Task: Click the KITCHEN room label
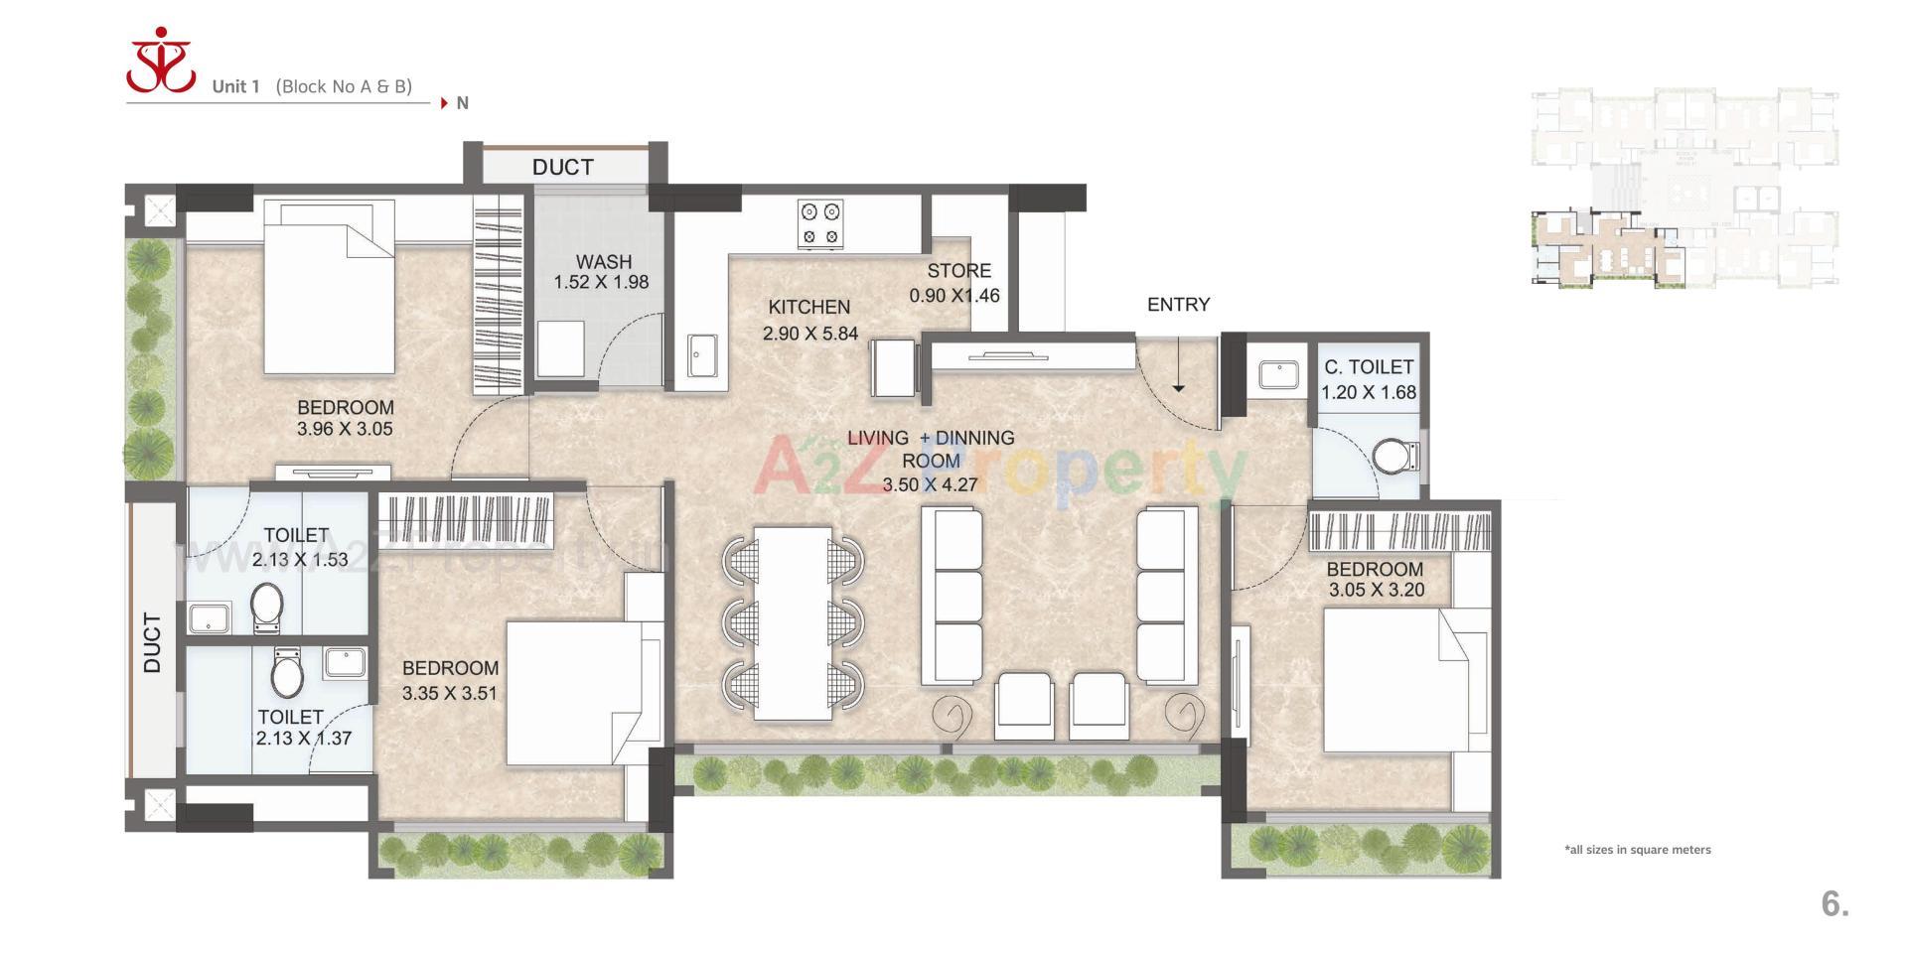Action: [x=808, y=308]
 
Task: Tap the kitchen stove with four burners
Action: [x=820, y=224]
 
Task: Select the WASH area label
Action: [x=603, y=262]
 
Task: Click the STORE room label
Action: [x=958, y=271]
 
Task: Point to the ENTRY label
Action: [x=1178, y=305]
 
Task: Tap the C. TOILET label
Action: [x=1368, y=367]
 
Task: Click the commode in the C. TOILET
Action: [x=1395, y=457]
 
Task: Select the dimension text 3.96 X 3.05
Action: [x=345, y=430]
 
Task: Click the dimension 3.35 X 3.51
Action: [x=449, y=694]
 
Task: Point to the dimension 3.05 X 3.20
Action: [x=1376, y=590]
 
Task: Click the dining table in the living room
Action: [x=793, y=622]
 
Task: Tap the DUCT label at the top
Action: [x=562, y=167]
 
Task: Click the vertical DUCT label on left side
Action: [x=152, y=642]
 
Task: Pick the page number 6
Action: [x=1834, y=903]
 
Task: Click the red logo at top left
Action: [x=161, y=62]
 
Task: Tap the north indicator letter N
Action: [x=462, y=103]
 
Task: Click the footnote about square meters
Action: [x=1638, y=850]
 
